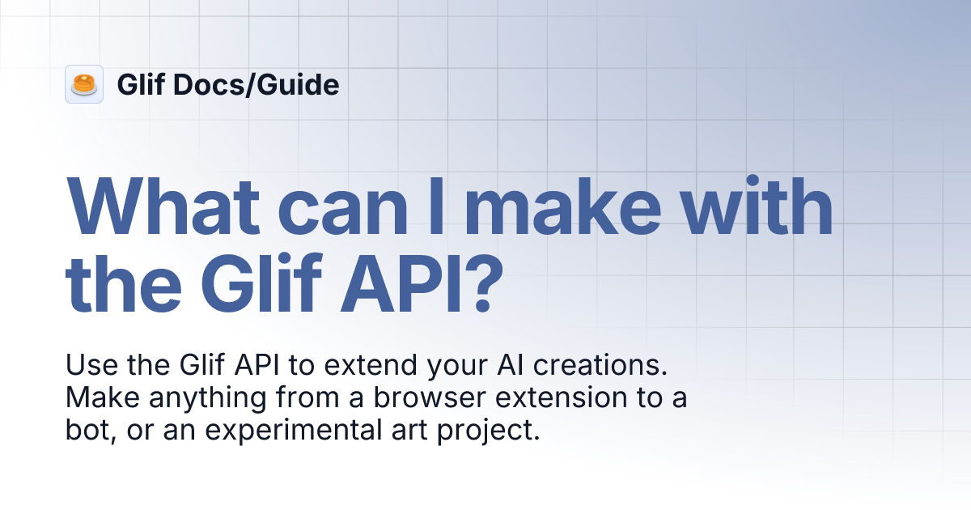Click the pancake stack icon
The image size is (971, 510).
(x=84, y=84)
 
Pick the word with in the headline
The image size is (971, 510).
(x=761, y=208)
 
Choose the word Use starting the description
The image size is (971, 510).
(x=87, y=366)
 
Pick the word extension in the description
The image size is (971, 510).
(x=566, y=398)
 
